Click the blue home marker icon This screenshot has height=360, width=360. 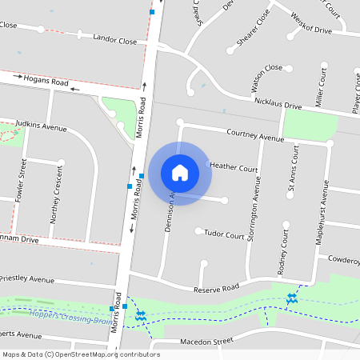tap(180, 173)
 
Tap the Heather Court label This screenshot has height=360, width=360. tap(234, 168)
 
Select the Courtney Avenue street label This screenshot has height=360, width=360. tap(255, 135)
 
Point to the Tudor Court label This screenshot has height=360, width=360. tap(224, 235)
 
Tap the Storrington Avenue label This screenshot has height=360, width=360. tap(256, 204)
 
